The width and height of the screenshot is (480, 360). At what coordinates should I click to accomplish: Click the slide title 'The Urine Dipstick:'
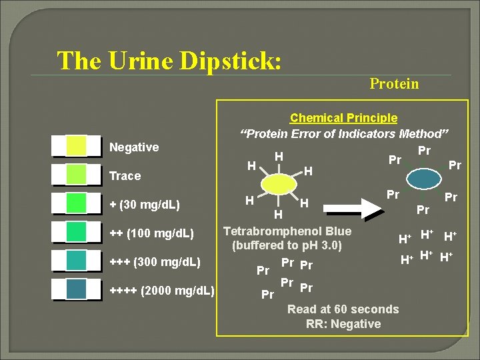(169, 61)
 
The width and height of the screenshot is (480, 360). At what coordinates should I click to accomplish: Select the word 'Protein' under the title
(394, 83)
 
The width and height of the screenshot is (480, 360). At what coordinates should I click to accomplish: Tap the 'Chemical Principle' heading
(343, 118)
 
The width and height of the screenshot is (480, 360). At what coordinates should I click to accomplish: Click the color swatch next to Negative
(76, 146)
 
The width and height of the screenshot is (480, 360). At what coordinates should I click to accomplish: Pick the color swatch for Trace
(76, 175)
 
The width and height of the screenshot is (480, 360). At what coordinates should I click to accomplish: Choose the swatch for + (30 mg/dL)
(76, 203)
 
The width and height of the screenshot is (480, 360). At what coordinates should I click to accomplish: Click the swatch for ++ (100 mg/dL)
(76, 232)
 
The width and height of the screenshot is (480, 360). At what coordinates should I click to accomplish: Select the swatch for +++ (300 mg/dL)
(76, 261)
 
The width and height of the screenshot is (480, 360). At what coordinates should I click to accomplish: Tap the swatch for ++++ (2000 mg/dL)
(76, 289)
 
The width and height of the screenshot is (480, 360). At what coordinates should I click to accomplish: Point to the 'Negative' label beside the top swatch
(133, 147)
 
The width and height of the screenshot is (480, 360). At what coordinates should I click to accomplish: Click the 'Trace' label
(125, 176)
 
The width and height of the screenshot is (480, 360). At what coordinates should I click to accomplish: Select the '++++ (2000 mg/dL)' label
(161, 291)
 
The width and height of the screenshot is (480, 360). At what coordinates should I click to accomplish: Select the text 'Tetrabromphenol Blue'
(287, 231)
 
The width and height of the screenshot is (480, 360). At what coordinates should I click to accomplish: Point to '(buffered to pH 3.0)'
(287, 245)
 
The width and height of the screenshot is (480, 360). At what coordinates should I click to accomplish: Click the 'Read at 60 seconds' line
(343, 309)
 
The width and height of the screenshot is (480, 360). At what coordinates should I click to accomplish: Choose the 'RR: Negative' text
(343, 324)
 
